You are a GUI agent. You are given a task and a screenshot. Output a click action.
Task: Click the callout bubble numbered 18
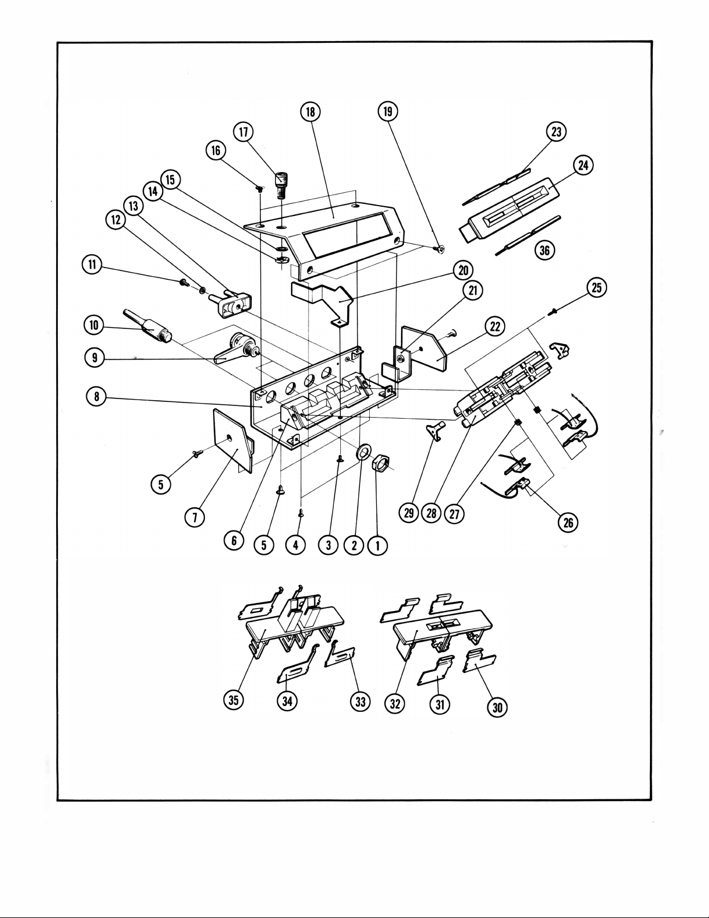tap(310, 112)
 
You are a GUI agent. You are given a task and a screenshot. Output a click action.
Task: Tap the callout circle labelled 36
tap(545, 250)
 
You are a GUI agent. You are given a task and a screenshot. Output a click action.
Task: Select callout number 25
tap(597, 288)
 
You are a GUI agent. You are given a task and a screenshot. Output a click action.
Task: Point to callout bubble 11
tap(92, 265)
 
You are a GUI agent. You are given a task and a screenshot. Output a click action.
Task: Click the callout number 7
tap(195, 517)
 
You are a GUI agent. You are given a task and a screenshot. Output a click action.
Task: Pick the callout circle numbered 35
tap(233, 700)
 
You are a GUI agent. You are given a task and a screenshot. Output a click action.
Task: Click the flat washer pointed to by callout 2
tap(363, 452)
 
